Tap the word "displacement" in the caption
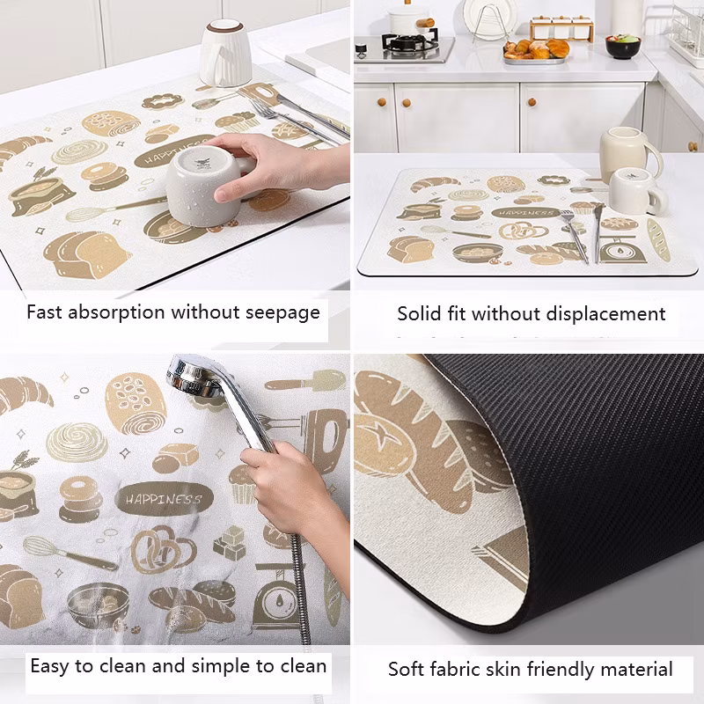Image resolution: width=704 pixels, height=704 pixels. click(x=605, y=314)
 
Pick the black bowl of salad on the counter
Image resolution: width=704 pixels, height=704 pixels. click(x=623, y=47)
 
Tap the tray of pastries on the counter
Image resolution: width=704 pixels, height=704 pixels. click(x=536, y=52)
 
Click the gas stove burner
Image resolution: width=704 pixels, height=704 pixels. click(x=409, y=41)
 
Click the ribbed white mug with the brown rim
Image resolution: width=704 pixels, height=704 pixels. click(x=225, y=52)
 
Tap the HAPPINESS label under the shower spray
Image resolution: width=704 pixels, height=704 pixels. click(x=164, y=499)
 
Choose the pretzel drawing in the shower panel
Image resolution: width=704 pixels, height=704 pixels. click(x=163, y=549)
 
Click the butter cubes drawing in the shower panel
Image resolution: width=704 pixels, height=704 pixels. click(x=230, y=543)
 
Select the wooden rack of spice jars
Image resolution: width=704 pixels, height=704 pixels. click(x=561, y=28)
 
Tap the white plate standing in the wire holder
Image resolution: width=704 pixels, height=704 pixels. click(x=490, y=17)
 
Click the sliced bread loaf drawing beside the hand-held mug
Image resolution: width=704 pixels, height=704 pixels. click(x=86, y=254)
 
